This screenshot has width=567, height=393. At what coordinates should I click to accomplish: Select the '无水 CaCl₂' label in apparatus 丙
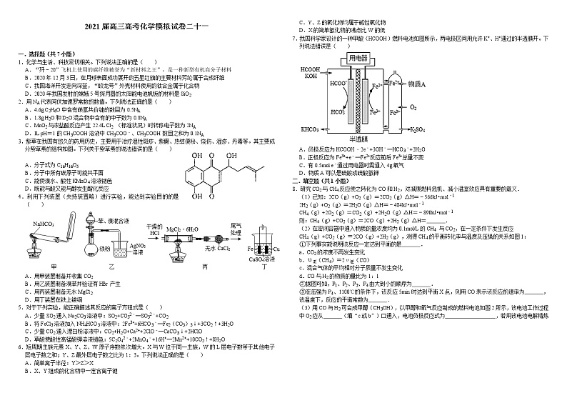[209, 248]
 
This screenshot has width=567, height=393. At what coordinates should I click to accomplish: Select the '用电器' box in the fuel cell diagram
[359, 56]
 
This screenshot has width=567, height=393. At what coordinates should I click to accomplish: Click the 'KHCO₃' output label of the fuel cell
[310, 129]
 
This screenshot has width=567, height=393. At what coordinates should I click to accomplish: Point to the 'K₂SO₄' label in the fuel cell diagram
[419, 129]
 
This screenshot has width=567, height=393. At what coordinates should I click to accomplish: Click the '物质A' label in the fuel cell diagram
[417, 84]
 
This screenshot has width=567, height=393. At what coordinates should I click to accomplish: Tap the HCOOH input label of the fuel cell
[312, 69]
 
